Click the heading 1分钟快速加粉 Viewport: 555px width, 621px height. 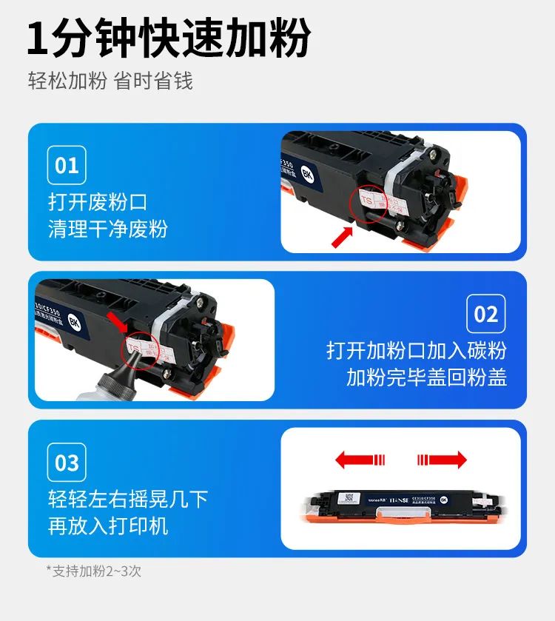pyautogui.click(x=169, y=38)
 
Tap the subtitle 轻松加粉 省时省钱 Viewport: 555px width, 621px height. pyautogui.click(x=110, y=81)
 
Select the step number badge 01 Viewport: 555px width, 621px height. pyautogui.click(x=67, y=165)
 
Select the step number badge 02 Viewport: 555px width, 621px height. pyautogui.click(x=485, y=314)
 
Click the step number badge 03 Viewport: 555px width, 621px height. pyautogui.click(x=67, y=463)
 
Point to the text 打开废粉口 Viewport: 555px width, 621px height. pyautogui.click(x=98, y=201)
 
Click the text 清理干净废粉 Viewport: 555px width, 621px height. pyautogui.click(x=108, y=228)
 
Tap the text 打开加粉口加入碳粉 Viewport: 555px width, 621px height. pyautogui.click(x=417, y=350)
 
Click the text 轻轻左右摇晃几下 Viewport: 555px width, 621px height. pyautogui.click(x=128, y=499)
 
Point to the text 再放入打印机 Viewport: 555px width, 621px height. pyautogui.click(x=108, y=526)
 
